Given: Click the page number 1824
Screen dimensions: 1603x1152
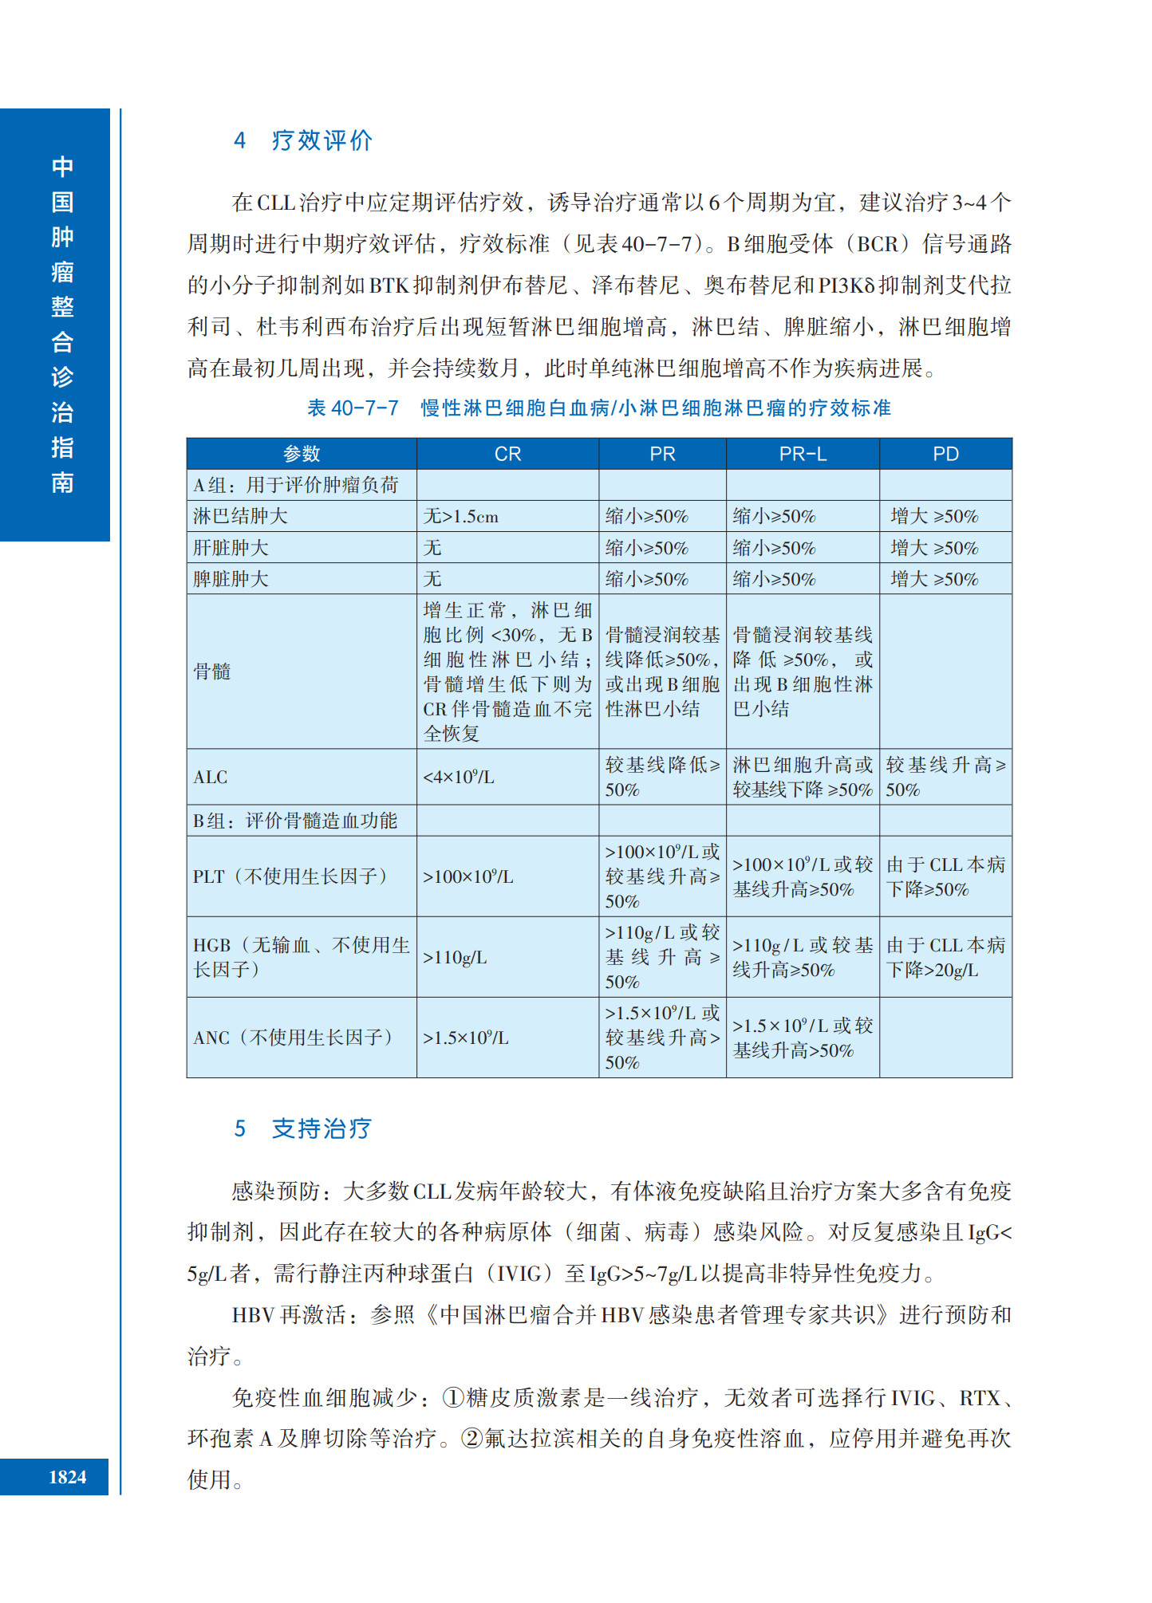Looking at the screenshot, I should (67, 1477).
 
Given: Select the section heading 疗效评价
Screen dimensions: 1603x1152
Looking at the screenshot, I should (322, 141).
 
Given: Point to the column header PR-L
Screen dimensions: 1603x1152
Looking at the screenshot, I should (802, 454).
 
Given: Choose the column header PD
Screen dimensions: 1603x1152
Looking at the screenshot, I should (945, 454).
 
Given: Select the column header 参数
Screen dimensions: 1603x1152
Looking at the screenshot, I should (302, 454).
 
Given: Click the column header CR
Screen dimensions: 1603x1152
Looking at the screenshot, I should (507, 454).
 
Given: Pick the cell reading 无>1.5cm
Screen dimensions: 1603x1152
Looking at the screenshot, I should (460, 517).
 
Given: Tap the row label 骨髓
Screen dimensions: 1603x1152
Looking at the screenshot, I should (212, 672).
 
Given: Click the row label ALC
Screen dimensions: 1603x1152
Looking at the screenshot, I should (211, 777).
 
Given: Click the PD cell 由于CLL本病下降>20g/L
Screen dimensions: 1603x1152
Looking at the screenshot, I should (945, 957).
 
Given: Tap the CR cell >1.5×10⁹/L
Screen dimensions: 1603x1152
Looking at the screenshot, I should (465, 1038).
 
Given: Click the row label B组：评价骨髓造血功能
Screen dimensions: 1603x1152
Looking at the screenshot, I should (295, 821).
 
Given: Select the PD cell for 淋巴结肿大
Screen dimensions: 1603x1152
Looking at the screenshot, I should (934, 517).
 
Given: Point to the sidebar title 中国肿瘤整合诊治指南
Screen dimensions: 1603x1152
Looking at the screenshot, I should (62, 324).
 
